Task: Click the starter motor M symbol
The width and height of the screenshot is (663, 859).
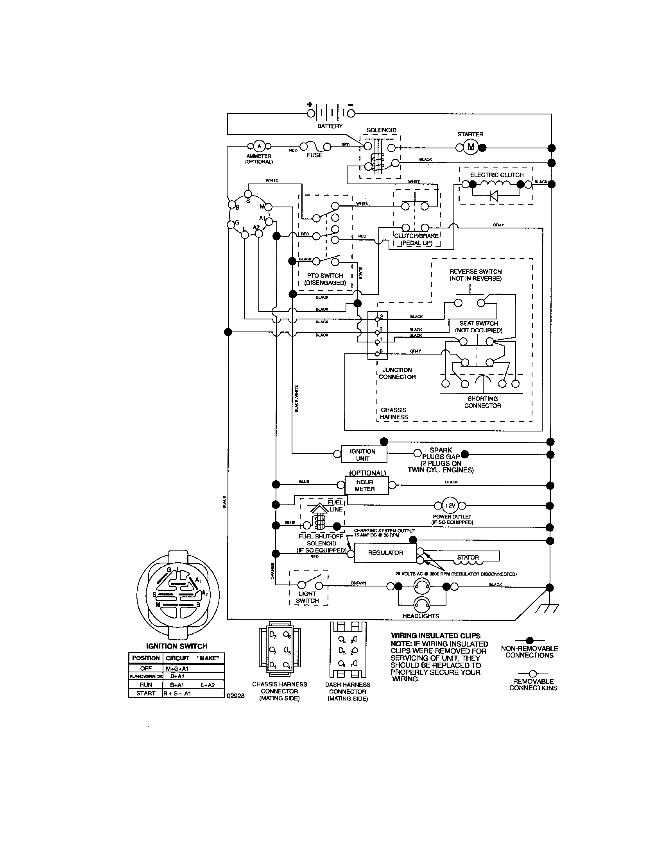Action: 471,148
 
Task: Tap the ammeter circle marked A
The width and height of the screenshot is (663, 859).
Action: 259,146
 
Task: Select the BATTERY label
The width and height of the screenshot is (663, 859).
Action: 330,126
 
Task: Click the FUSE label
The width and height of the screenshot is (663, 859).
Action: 314,155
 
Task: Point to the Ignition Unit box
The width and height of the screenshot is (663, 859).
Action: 363,454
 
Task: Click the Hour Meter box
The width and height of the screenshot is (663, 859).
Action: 365,485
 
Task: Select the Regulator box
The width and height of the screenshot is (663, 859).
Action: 385,552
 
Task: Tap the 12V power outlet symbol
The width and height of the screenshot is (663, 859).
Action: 450,505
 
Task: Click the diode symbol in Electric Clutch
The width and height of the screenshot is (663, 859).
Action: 493,196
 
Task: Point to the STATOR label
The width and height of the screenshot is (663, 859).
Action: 468,557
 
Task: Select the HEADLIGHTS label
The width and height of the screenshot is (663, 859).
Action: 421,616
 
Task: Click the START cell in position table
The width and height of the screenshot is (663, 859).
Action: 146,693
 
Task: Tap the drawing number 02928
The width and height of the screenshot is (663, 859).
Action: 235,696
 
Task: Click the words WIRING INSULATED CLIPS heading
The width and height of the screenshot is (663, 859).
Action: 435,636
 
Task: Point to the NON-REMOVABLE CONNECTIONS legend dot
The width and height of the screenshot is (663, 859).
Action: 530,640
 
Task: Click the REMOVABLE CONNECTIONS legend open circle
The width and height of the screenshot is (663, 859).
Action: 533,674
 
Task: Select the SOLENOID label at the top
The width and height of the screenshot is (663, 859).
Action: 381,130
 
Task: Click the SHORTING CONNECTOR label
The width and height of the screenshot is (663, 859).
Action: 482,402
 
